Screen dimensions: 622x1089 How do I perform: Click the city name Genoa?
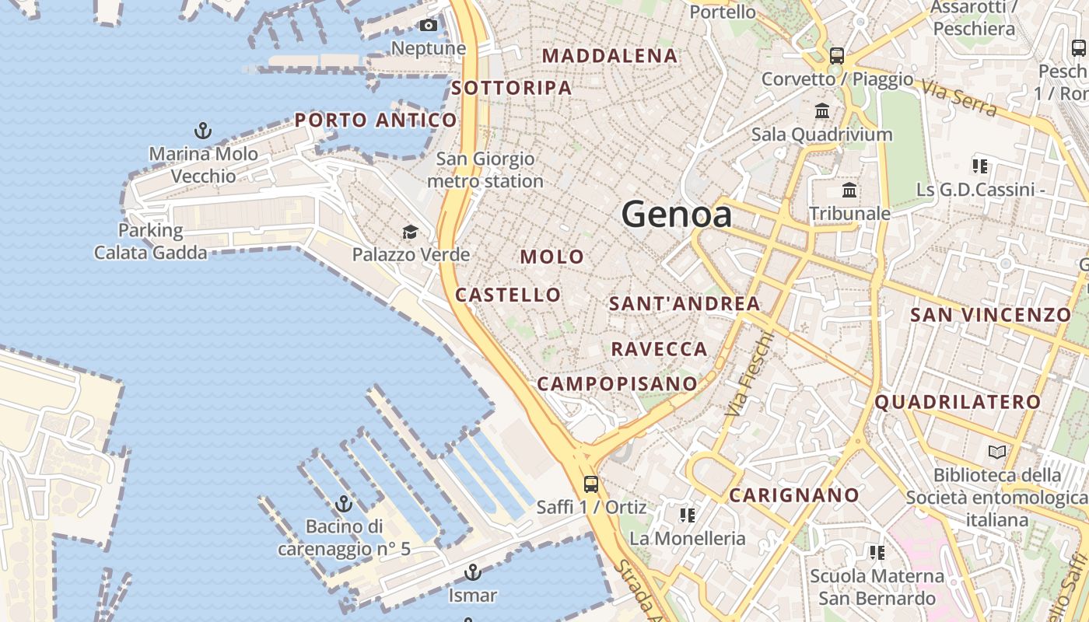pyautogui.click(x=677, y=215)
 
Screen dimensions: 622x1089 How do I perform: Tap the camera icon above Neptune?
pyautogui.click(x=428, y=26)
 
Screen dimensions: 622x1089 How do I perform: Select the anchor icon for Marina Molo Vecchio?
pyautogui.click(x=203, y=130)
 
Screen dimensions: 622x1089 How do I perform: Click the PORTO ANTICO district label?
pyautogui.click(x=376, y=121)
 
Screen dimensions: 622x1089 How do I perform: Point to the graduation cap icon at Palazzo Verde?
pyautogui.click(x=410, y=232)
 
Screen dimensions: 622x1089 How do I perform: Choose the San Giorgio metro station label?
pyautogui.click(x=485, y=170)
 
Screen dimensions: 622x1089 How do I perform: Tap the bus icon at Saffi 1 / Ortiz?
pyautogui.click(x=591, y=484)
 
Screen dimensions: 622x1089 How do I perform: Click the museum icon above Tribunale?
pyautogui.click(x=849, y=190)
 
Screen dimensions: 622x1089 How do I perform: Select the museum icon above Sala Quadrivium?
pyautogui.click(x=822, y=110)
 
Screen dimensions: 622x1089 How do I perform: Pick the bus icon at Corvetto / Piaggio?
pyautogui.click(x=837, y=56)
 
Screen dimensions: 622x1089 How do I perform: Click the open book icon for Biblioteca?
pyautogui.click(x=996, y=452)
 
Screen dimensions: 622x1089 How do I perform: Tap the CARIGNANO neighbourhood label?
pyautogui.click(x=794, y=495)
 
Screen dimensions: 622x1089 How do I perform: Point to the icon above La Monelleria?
pyautogui.click(x=687, y=515)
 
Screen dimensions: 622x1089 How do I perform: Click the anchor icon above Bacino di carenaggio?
pyautogui.click(x=344, y=504)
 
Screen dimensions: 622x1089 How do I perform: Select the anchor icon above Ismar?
pyautogui.click(x=472, y=573)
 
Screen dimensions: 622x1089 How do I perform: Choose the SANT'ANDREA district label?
pyautogui.click(x=685, y=304)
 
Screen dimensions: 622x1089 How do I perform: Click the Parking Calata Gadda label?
pyautogui.click(x=151, y=241)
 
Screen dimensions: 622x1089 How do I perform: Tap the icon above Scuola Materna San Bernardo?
pyautogui.click(x=877, y=553)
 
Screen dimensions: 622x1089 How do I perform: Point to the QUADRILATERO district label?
pyautogui.click(x=958, y=402)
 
